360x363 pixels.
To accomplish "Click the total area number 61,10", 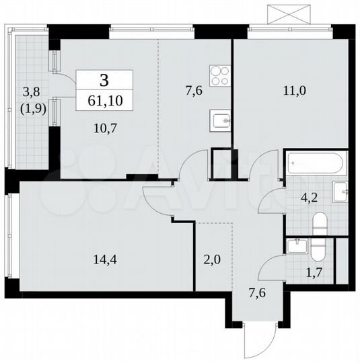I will pyautogui.click(x=104, y=102).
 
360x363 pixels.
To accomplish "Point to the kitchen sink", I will pyautogui.click(x=221, y=121).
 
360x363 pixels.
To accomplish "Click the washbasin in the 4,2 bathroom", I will pyautogui.click(x=341, y=192).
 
